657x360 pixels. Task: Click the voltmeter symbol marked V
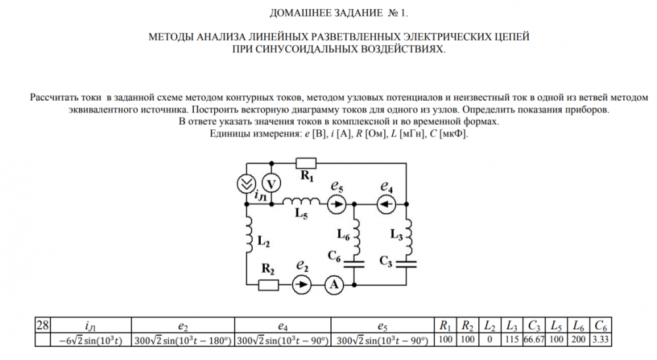(x=271, y=184)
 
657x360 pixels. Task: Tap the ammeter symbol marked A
(x=334, y=285)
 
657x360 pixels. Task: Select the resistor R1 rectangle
(x=306, y=163)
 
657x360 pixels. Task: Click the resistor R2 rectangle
(x=268, y=285)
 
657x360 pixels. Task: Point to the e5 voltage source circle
(x=337, y=204)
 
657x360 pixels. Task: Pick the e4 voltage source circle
(x=386, y=204)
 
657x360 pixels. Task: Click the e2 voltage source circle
(x=302, y=285)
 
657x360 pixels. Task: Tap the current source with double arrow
(x=246, y=184)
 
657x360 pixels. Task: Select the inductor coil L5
(x=301, y=201)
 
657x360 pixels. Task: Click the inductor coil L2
(x=249, y=235)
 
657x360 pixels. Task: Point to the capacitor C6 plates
(x=354, y=264)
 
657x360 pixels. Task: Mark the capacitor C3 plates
(x=407, y=264)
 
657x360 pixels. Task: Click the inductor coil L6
(x=357, y=238)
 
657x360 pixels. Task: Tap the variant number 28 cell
(x=43, y=325)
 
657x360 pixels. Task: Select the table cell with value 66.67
(x=533, y=340)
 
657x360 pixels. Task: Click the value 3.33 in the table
(x=600, y=340)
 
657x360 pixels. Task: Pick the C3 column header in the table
(x=533, y=326)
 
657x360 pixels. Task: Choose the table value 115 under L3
(x=512, y=340)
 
